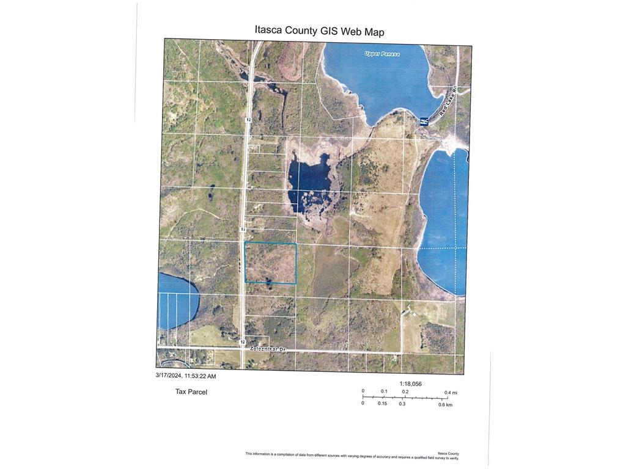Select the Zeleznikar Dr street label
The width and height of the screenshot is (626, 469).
[x=268, y=349]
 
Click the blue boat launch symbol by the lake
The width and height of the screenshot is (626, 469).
[x=424, y=122]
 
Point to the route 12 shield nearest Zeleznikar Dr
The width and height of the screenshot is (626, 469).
[x=243, y=342]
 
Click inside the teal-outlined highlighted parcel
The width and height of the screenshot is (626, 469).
[x=270, y=263]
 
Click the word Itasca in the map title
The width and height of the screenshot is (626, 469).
[x=268, y=31]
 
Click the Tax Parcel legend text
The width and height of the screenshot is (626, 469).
[x=191, y=391]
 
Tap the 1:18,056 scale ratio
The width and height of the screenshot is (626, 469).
[x=411, y=384]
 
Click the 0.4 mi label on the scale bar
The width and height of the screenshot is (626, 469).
[x=451, y=392]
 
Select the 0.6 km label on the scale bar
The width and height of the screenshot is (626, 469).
[x=445, y=404]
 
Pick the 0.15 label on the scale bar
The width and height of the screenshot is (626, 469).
[x=383, y=404]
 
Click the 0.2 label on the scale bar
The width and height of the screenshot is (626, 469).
[x=405, y=391]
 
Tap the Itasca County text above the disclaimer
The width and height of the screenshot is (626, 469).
[x=448, y=453]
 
